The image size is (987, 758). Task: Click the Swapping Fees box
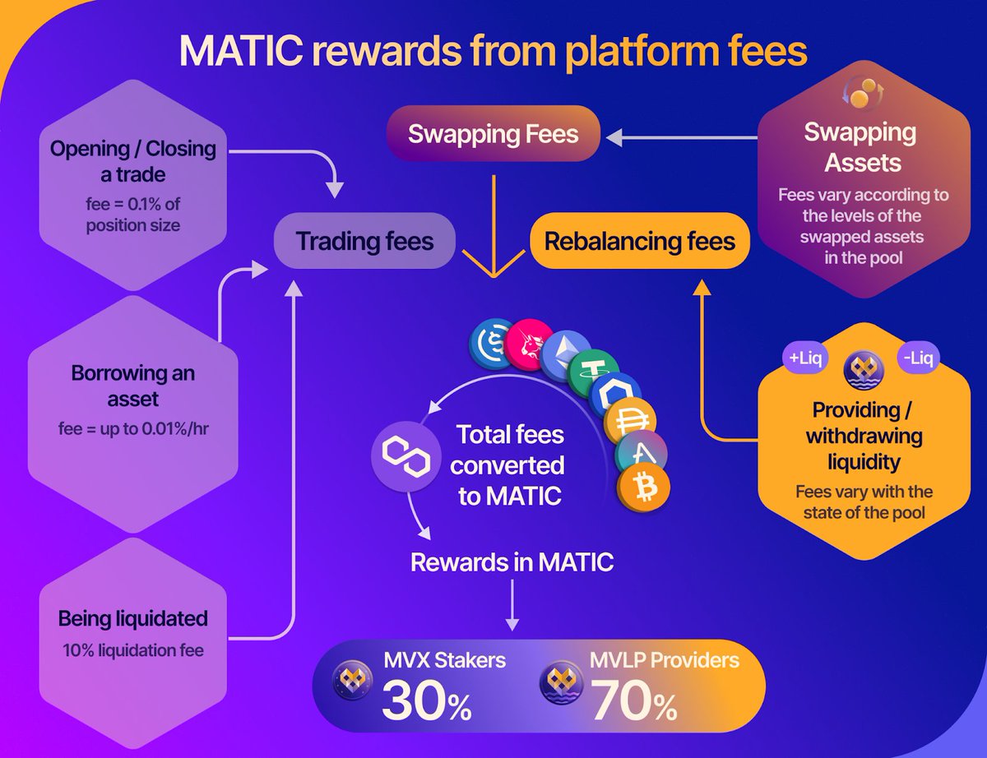pyautogui.click(x=493, y=134)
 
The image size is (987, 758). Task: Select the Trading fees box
pyautogui.click(x=364, y=242)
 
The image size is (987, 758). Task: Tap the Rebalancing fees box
pyautogui.click(x=639, y=242)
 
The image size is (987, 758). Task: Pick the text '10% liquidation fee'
pyautogui.click(x=133, y=649)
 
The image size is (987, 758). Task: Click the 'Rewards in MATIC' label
pyautogui.click(x=512, y=563)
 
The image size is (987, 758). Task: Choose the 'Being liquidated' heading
pyautogui.click(x=133, y=618)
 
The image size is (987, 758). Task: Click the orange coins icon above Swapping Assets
pyautogui.click(x=860, y=95)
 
